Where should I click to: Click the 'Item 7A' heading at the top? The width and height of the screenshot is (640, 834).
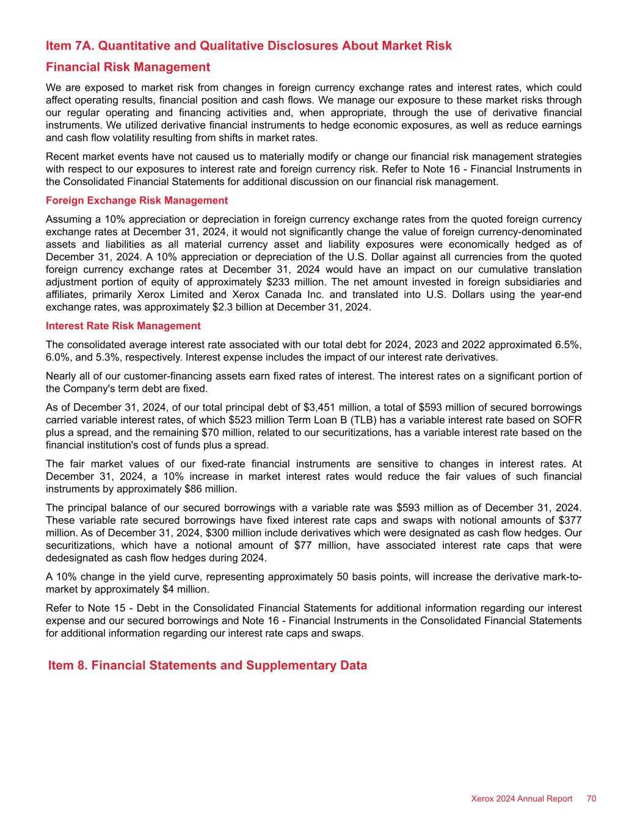click(x=249, y=46)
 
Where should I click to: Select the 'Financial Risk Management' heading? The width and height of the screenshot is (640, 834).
click(x=128, y=67)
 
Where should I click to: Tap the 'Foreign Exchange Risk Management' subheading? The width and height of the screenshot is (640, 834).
click(x=137, y=200)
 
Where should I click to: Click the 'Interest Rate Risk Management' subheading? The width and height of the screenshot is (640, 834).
click(x=123, y=326)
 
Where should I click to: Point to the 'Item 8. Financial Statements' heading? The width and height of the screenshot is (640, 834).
click(x=208, y=665)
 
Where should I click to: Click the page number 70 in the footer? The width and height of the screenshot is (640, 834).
click(x=591, y=799)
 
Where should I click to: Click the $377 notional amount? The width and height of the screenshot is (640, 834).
click(x=570, y=521)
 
